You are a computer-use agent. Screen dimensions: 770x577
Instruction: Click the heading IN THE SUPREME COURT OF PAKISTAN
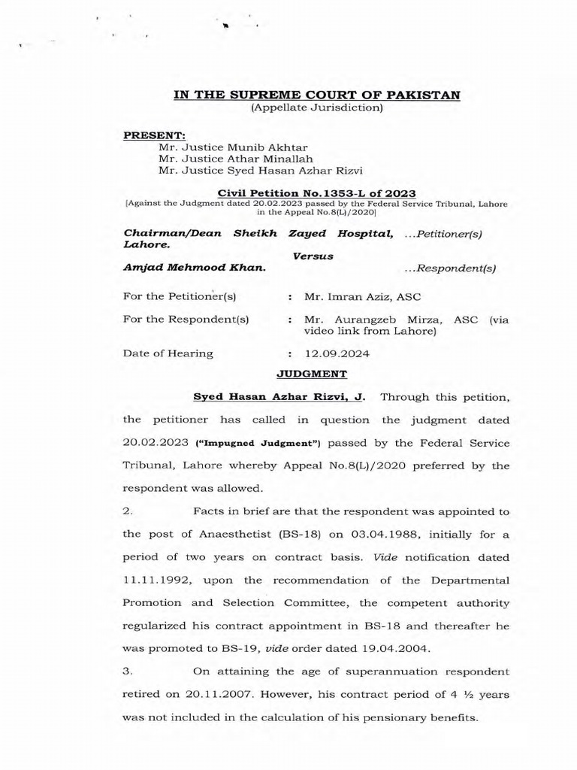316,94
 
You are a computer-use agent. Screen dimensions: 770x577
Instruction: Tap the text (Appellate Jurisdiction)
316,108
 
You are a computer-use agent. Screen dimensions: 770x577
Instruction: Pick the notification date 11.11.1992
154,581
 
